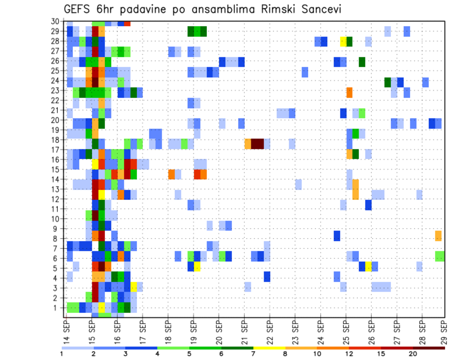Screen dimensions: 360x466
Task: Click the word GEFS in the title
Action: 80,9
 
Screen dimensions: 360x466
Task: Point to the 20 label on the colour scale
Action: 413,354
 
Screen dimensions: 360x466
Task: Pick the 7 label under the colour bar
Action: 253,354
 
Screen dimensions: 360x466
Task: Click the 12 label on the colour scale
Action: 348,354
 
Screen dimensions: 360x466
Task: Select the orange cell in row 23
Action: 349,92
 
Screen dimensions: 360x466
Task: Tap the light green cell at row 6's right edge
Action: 440,256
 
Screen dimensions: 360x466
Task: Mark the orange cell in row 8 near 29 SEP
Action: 438,236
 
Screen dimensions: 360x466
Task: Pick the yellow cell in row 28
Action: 343,41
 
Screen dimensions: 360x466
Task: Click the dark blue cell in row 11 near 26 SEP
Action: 368,205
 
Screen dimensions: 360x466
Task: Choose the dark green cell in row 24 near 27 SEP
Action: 387,82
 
